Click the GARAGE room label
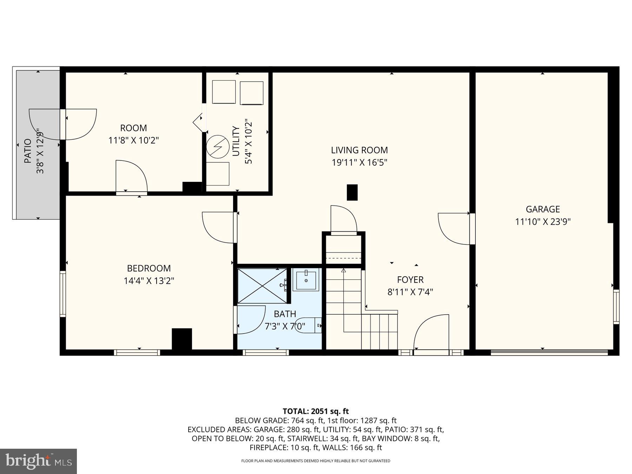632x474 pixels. click(542, 209)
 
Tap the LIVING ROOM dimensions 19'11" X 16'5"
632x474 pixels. click(359, 163)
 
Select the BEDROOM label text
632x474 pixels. click(149, 268)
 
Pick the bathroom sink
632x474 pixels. click(306, 280)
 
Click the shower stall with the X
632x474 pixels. click(262, 286)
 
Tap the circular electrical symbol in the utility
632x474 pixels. click(218, 146)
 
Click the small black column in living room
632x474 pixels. click(352, 192)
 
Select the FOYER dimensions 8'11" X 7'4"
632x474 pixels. click(410, 292)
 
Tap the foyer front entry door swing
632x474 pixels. click(431, 332)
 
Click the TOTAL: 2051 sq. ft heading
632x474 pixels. click(316, 411)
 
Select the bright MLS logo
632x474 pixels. click(38, 461)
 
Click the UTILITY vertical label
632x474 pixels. click(236, 141)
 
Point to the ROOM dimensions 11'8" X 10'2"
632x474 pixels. click(133, 140)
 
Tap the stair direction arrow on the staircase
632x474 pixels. click(343, 270)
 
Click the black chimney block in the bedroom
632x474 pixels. click(182, 338)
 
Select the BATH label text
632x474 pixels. click(285, 314)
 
